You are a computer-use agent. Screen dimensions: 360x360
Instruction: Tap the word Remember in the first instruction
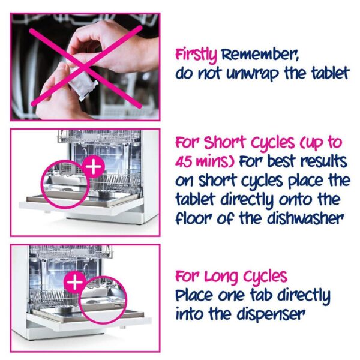pos(259,55)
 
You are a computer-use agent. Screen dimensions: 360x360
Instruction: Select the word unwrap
pos(253,74)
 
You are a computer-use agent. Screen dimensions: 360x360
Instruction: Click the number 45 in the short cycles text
pos(183,161)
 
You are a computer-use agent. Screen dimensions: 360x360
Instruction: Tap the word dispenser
pos(271,314)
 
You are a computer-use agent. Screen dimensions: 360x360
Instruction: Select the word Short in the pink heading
pos(225,142)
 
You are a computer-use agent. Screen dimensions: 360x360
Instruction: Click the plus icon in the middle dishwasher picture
pos(94,167)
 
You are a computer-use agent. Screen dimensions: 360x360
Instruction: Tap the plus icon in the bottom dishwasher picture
pos(75,283)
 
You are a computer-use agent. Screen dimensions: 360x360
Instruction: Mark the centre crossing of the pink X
pos(86,67)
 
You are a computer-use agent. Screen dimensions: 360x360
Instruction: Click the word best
pos(281,161)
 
